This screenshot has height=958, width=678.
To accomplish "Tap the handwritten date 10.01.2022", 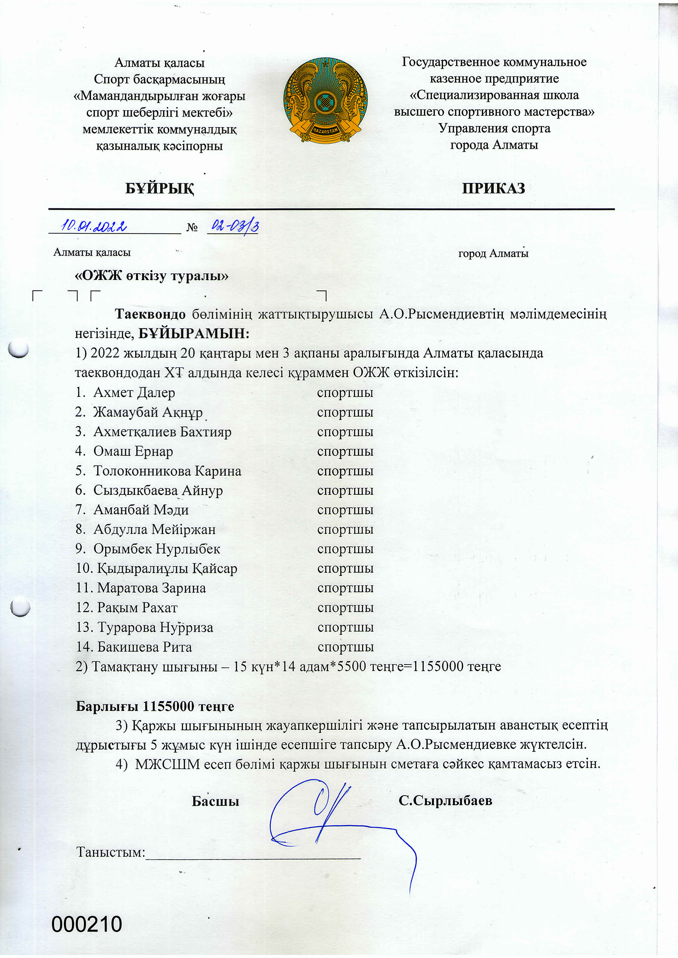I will pos(94,226).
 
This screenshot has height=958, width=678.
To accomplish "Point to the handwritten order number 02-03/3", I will pos(235,226).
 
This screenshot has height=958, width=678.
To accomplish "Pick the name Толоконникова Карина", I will pos(167,471).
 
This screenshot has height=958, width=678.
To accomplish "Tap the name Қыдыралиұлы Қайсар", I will pos(167,569).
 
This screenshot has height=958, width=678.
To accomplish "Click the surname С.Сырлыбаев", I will pos(445,801).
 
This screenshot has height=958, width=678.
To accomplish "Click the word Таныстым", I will pos(110,852).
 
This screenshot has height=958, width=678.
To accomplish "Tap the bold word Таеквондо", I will pos(150,314).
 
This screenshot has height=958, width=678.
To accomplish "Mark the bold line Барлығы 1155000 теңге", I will pos(155,706).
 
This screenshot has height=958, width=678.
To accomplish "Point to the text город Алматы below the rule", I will pos(493,253).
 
